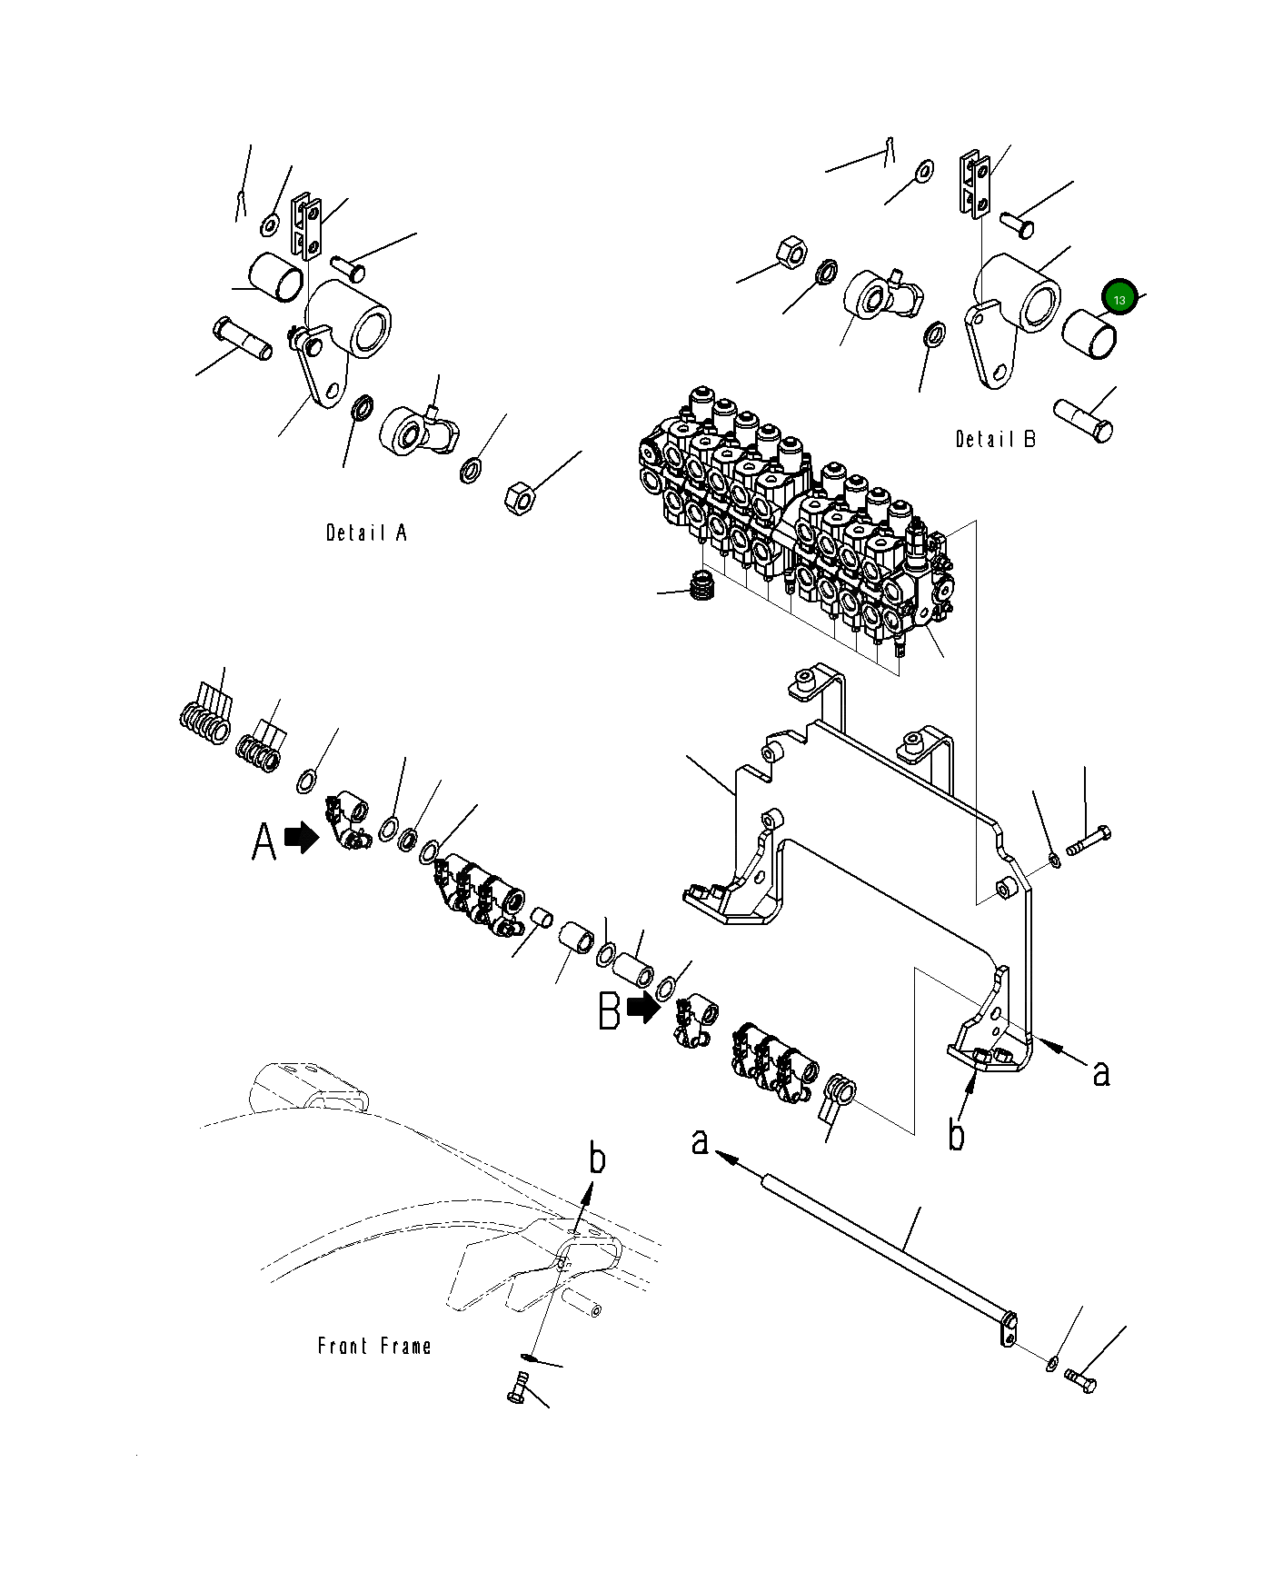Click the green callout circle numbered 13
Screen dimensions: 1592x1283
(x=1119, y=299)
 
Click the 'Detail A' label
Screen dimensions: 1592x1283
(x=366, y=532)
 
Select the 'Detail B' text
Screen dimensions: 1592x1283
(x=995, y=439)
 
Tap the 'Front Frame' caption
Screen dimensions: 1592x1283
(x=373, y=1346)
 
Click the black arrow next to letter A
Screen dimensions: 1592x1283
(x=302, y=838)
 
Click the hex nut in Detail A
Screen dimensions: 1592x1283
(x=521, y=498)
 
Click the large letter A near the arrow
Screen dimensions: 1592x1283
(x=264, y=841)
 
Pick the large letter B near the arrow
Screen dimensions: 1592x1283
(x=609, y=1010)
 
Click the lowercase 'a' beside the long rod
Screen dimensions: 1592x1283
(x=700, y=1140)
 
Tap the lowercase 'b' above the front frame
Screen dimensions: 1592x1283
(x=597, y=1159)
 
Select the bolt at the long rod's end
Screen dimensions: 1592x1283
(x=1081, y=1383)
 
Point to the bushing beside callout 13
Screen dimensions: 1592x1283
(x=1089, y=333)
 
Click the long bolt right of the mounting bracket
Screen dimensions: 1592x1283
(x=1086, y=841)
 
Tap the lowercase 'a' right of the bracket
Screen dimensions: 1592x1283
(x=1101, y=1073)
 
